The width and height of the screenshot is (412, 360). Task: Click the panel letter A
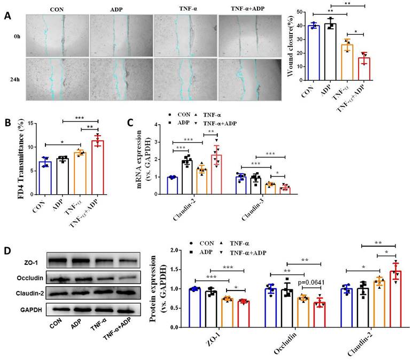click(x=7, y=16)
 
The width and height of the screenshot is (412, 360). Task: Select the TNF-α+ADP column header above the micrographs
click(x=248, y=10)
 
